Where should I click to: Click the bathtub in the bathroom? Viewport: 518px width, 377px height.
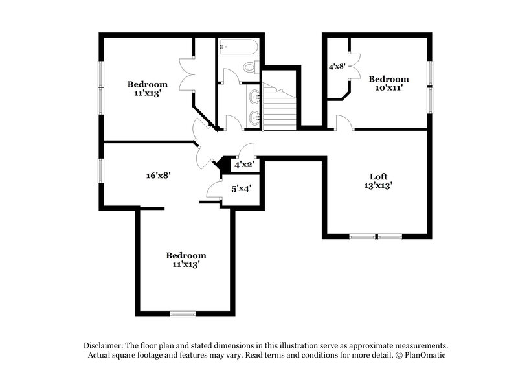pyautogui.click(x=238, y=47)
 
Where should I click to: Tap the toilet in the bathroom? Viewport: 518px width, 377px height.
pyautogui.click(x=252, y=67)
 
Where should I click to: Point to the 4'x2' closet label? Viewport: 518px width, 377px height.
pyautogui.click(x=243, y=165)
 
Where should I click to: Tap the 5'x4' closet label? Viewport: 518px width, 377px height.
pyautogui.click(x=241, y=188)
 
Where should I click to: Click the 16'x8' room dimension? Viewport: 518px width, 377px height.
pyautogui.click(x=158, y=174)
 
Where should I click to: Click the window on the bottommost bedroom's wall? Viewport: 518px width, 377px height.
pyautogui.click(x=183, y=314)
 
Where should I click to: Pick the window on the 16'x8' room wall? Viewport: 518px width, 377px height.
pyautogui.click(x=100, y=170)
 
